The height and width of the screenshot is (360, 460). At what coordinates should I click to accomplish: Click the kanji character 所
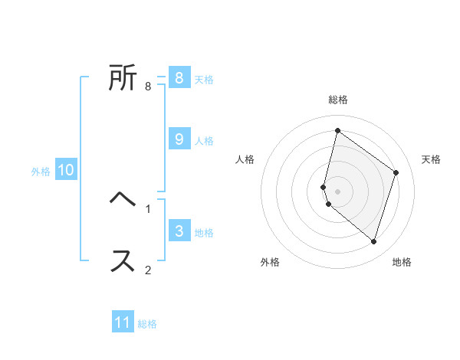click(x=123, y=77)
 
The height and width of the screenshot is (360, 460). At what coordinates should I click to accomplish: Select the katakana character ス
click(x=123, y=260)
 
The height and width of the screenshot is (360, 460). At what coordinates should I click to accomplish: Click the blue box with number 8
click(x=179, y=78)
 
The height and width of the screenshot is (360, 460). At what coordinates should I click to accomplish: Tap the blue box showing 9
click(x=179, y=139)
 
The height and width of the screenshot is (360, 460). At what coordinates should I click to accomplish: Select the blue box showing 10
click(x=66, y=170)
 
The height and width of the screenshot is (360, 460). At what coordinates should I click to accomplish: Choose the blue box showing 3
click(x=179, y=231)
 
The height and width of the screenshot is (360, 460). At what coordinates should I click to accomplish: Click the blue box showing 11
click(x=123, y=322)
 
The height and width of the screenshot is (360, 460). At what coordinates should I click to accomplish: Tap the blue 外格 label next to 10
click(x=41, y=172)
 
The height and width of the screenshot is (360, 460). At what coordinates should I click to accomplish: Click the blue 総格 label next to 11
click(x=147, y=324)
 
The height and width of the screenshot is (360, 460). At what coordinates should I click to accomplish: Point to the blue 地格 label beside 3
click(x=204, y=233)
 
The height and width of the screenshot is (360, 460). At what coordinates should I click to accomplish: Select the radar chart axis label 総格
click(x=338, y=100)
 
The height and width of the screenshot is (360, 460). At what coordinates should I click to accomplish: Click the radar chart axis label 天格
click(x=431, y=159)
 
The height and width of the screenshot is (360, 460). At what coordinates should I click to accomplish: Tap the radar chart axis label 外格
click(x=270, y=262)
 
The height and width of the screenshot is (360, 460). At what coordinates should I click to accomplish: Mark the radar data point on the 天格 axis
click(x=396, y=172)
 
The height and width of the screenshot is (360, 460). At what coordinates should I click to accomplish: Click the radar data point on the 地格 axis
click(x=373, y=241)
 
